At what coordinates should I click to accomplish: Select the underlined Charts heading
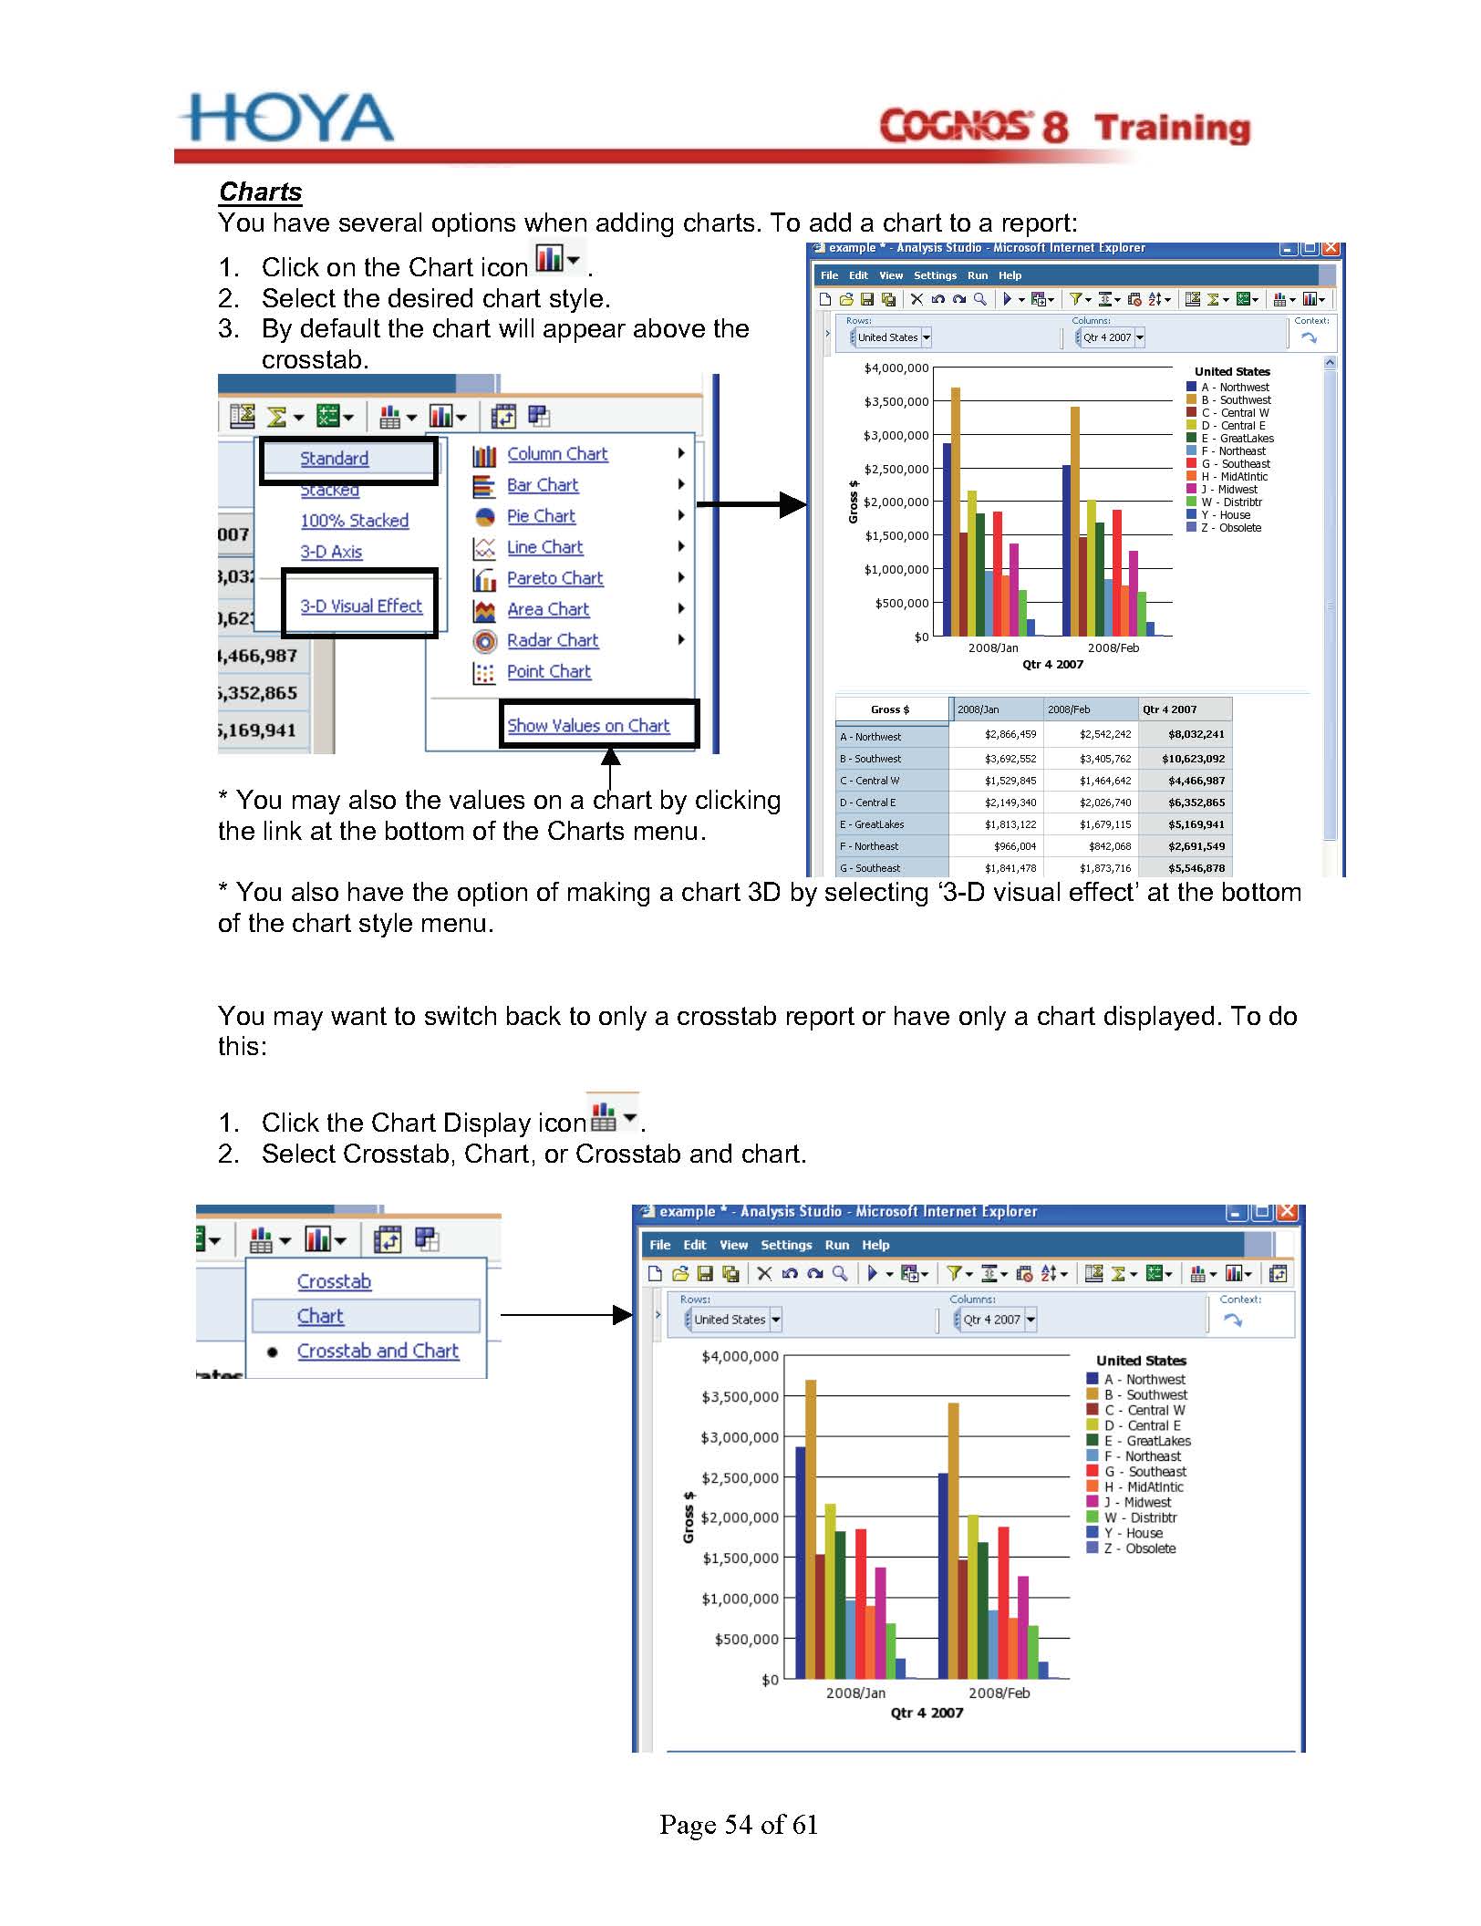(260, 192)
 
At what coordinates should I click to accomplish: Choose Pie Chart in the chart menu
(541, 516)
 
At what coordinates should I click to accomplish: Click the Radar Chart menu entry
(552, 640)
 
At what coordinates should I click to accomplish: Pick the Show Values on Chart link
(588, 726)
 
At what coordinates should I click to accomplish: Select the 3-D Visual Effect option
(361, 606)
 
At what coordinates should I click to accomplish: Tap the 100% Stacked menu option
(354, 521)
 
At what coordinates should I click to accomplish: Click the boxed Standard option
(335, 459)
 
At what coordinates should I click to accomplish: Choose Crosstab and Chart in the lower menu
(378, 1351)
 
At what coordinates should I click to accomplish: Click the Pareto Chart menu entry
(554, 578)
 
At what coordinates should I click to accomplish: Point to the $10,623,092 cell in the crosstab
(1193, 759)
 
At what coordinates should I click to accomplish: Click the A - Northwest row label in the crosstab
(871, 737)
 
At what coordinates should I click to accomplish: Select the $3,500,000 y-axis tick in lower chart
(740, 1397)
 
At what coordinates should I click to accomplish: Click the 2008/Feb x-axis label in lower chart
(999, 1693)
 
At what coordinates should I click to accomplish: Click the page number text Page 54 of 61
(739, 1824)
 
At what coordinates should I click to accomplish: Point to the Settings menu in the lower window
(786, 1245)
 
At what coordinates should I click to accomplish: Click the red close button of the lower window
(1287, 1212)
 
